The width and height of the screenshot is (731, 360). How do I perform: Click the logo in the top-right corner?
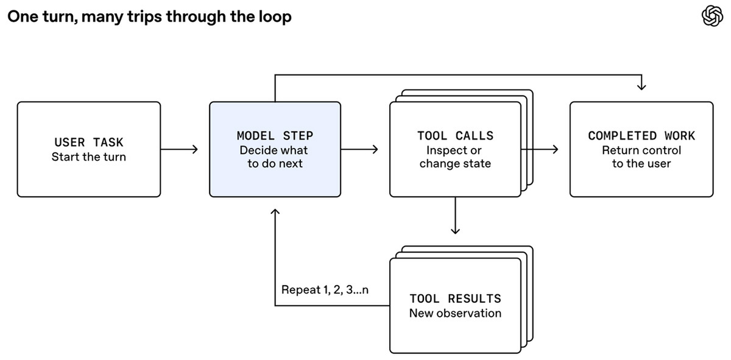click(712, 16)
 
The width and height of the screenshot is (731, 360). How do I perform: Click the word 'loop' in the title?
click(275, 16)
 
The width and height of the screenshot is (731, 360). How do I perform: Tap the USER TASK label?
click(89, 143)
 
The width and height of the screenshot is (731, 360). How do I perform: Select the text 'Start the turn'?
click(89, 157)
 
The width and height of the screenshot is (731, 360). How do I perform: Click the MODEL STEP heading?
click(275, 136)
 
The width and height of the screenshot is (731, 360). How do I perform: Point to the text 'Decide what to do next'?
click(274, 157)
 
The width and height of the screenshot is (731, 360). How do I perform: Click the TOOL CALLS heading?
click(455, 136)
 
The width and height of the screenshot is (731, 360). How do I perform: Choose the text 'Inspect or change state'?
click(455, 157)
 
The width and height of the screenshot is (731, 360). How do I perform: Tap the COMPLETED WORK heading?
click(641, 136)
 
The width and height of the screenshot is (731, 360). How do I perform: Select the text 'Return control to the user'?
click(641, 157)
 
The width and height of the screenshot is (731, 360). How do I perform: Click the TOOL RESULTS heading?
click(455, 298)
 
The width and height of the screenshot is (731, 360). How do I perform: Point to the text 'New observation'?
click(455, 313)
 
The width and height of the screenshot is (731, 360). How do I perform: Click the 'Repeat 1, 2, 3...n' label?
click(325, 290)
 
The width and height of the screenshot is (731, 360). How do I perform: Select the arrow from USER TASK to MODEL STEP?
click(179, 149)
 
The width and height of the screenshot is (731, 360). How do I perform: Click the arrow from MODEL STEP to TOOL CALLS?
click(359, 149)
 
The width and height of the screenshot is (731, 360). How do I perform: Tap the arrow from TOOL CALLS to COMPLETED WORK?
click(540, 149)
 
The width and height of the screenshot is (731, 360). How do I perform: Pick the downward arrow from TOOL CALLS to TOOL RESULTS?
click(455, 216)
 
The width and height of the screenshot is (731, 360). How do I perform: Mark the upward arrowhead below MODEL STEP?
click(275, 212)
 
